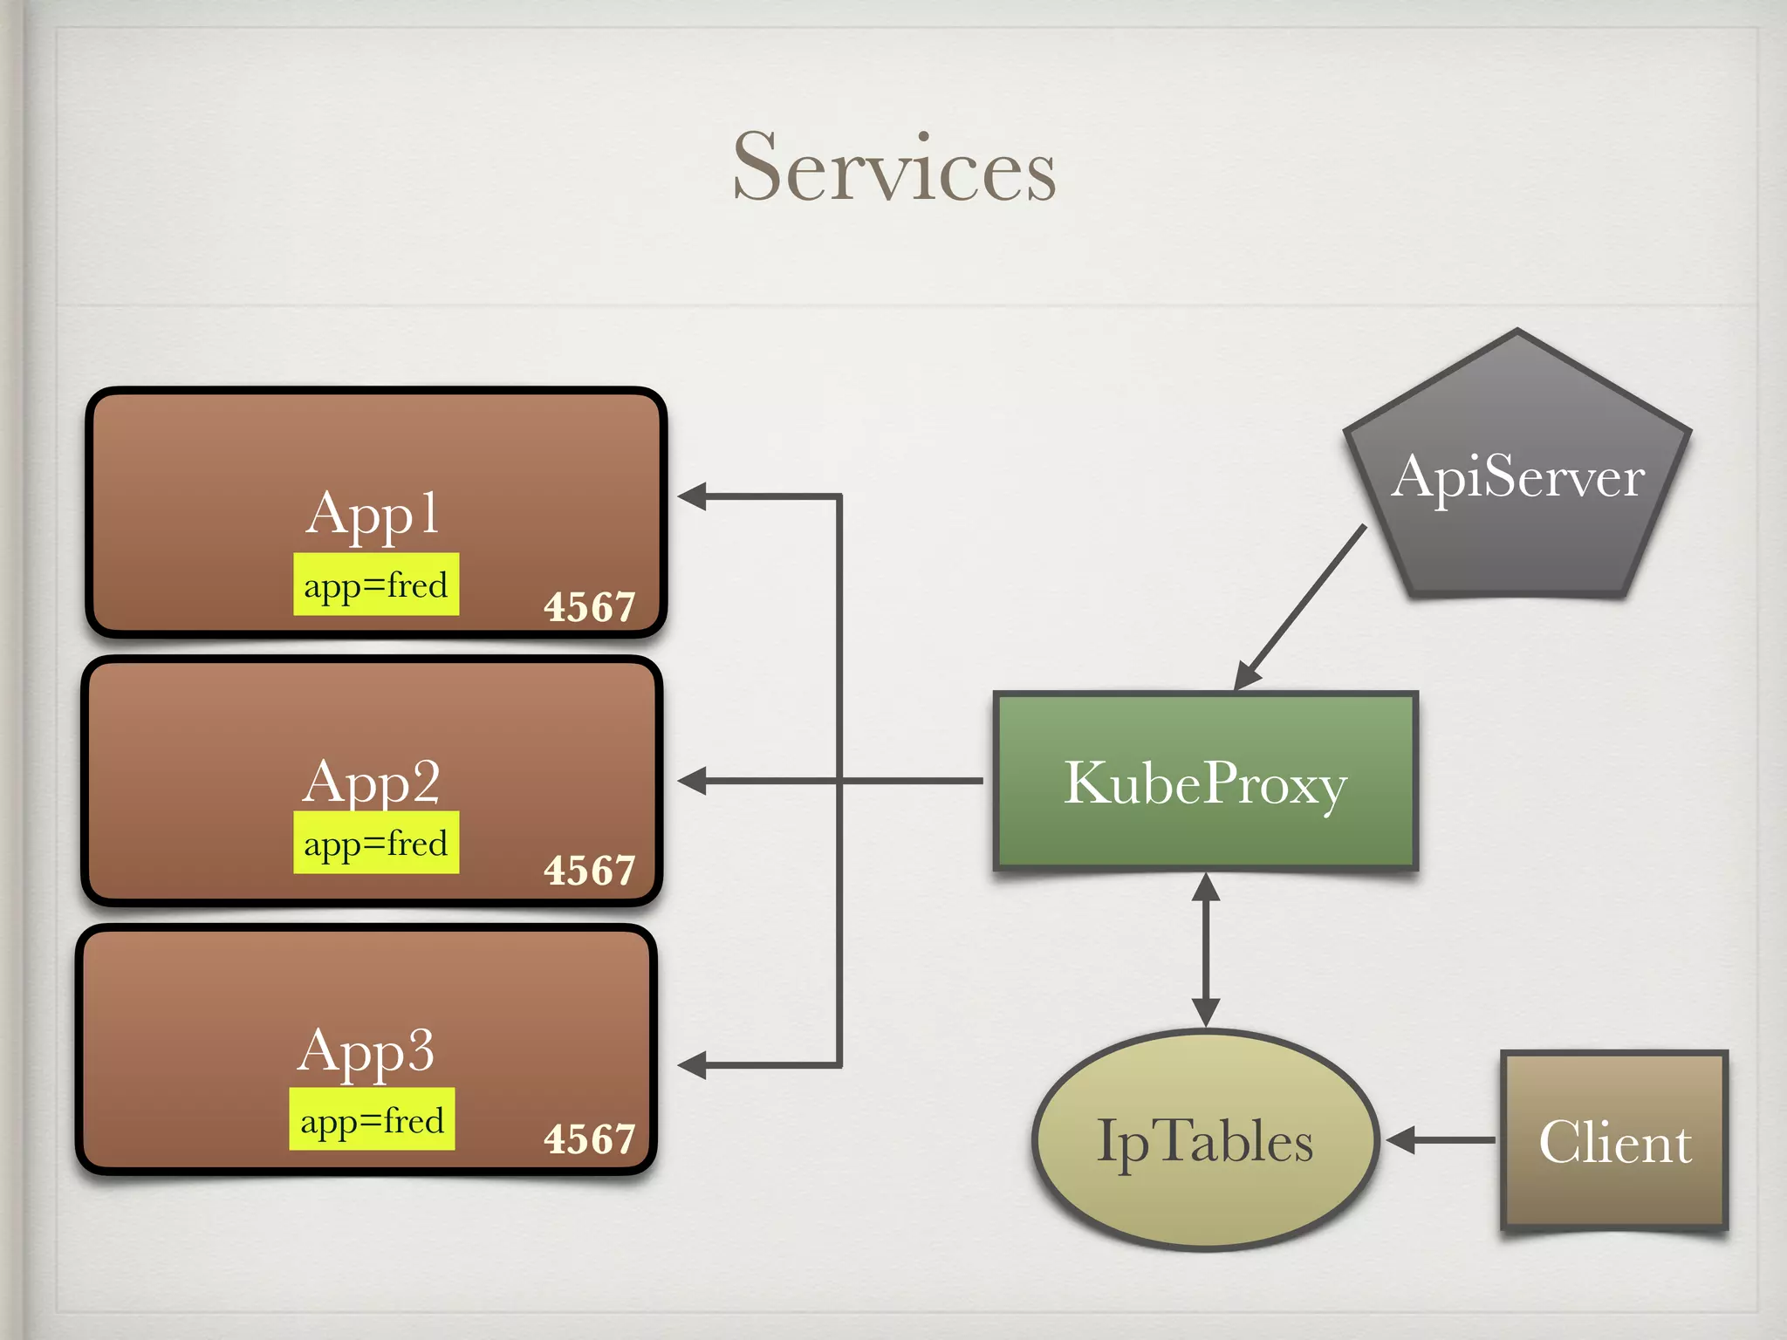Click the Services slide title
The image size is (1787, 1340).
coord(894,167)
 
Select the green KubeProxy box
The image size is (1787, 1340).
coord(1205,782)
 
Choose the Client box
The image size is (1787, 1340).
coord(1614,1140)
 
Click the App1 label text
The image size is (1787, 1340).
coord(373,513)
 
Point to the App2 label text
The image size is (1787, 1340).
coord(373,781)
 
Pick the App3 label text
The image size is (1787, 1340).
coord(366,1049)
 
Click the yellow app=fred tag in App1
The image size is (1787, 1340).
coord(376,585)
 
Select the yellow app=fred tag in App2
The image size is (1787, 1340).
coord(376,843)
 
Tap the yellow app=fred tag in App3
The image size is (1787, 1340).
coord(373,1119)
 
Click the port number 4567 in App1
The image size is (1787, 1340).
coord(590,607)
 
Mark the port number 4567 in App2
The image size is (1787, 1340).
coord(590,871)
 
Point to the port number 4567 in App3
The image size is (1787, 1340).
coord(590,1139)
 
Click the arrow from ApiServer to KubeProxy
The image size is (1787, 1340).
coord(1300,607)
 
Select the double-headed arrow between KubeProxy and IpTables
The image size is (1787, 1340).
coord(1205,949)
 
